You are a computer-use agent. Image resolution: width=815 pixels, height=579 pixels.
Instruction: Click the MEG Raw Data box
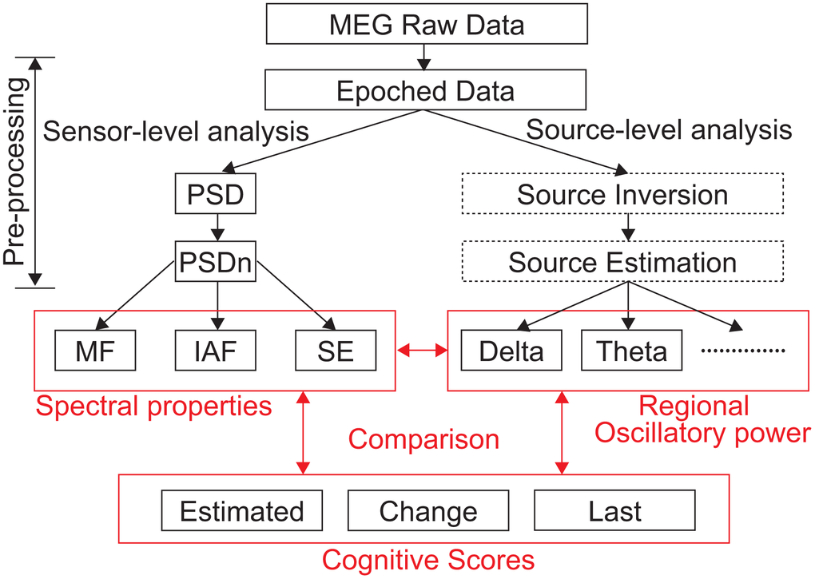426,25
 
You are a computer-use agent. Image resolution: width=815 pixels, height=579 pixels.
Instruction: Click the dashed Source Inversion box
622,194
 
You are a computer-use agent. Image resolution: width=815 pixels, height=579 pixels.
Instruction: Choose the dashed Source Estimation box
622,262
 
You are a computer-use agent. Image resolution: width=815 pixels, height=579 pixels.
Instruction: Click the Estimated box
242,511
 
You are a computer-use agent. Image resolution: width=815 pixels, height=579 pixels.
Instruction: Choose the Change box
428,511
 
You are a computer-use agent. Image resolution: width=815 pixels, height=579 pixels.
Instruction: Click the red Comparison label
423,438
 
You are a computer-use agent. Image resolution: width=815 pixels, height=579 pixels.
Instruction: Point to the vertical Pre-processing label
15,171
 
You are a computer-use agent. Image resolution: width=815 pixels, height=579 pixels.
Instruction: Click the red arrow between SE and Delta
423,350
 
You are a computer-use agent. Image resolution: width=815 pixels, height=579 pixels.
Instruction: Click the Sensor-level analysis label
176,130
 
